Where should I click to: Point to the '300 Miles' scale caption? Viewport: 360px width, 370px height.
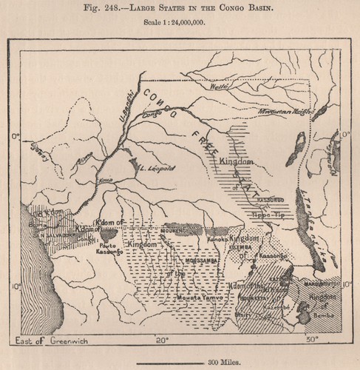[180, 361]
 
